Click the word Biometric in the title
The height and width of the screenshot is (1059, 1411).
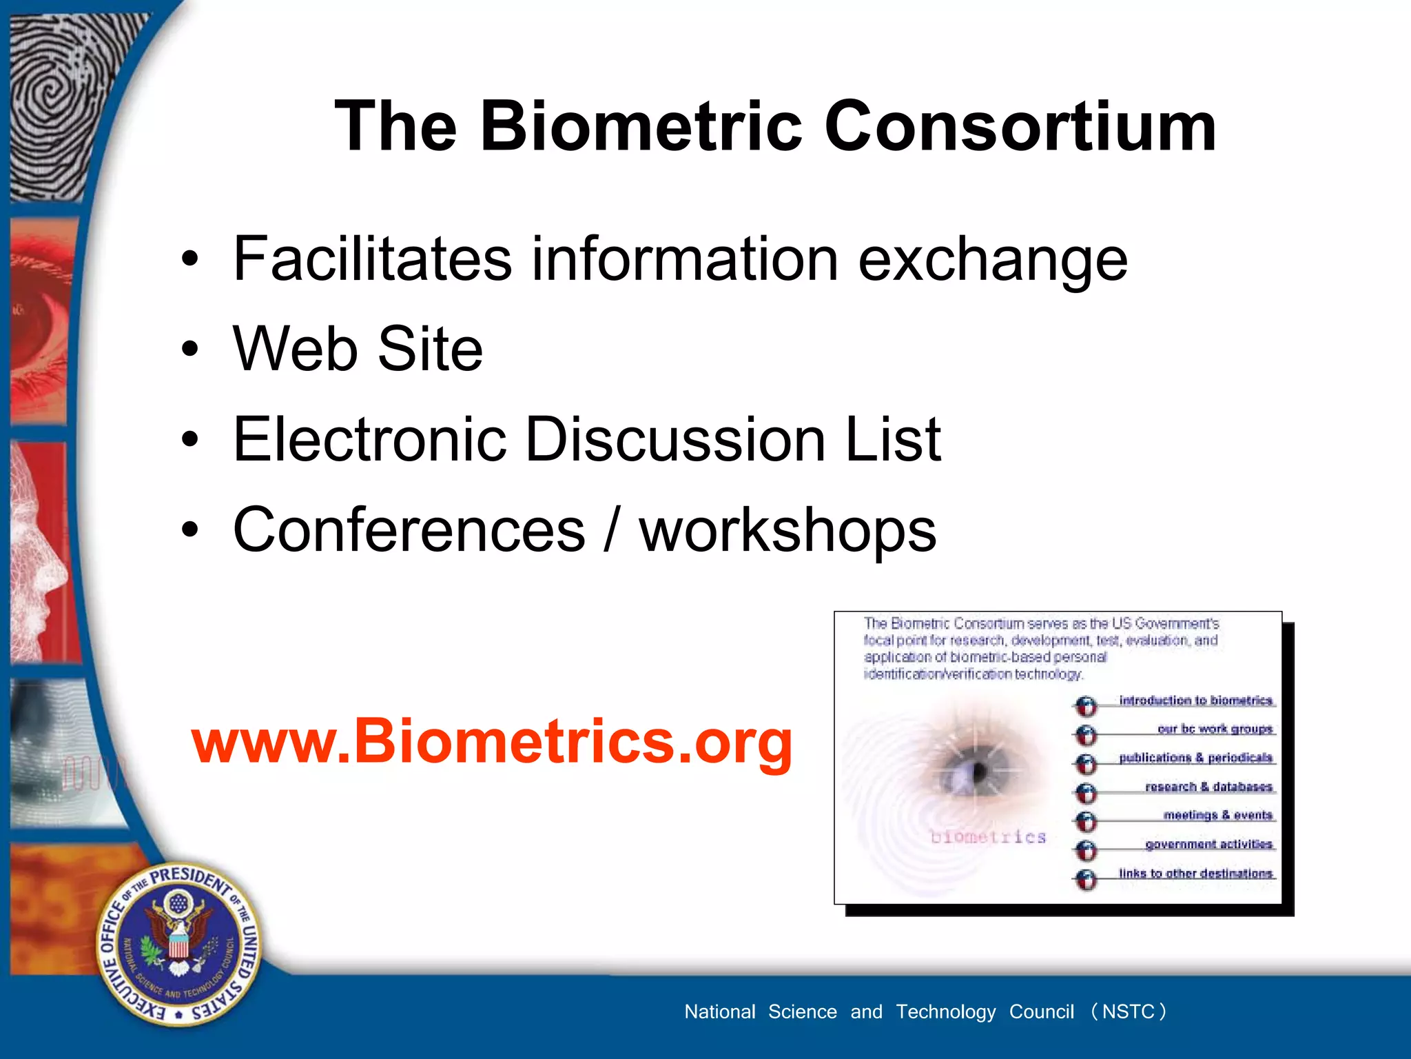point(641,126)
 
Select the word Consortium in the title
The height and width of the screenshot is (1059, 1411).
point(1020,126)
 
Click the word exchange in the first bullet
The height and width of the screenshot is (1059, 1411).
point(992,261)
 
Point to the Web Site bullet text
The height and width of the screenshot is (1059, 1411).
point(358,349)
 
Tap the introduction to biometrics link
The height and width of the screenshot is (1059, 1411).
point(1196,700)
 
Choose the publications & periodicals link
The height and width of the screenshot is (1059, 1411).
point(1196,758)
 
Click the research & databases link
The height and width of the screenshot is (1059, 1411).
point(1208,787)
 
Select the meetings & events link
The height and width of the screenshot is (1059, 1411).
point(1218,815)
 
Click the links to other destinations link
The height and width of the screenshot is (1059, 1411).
point(1196,874)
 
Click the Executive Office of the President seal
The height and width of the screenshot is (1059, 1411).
point(178,945)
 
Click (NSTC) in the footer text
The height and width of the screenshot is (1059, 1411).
point(1129,1011)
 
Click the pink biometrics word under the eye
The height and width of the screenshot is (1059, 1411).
point(988,837)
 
